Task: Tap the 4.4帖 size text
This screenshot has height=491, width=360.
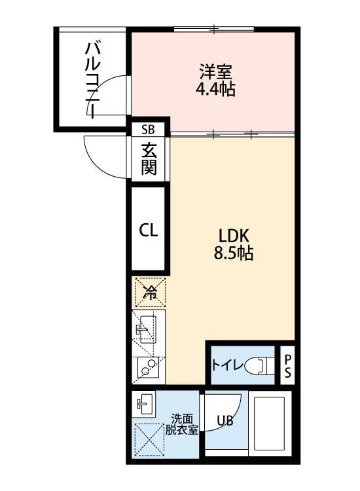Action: click(x=215, y=89)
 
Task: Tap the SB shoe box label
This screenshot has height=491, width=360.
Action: click(x=149, y=128)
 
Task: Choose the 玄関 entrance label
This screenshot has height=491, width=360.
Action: click(x=149, y=159)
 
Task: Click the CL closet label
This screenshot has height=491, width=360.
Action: click(x=148, y=230)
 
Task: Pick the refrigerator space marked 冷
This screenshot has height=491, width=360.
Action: click(x=150, y=293)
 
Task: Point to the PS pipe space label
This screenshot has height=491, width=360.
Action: click(x=287, y=367)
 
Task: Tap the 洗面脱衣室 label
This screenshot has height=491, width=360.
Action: click(x=182, y=425)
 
